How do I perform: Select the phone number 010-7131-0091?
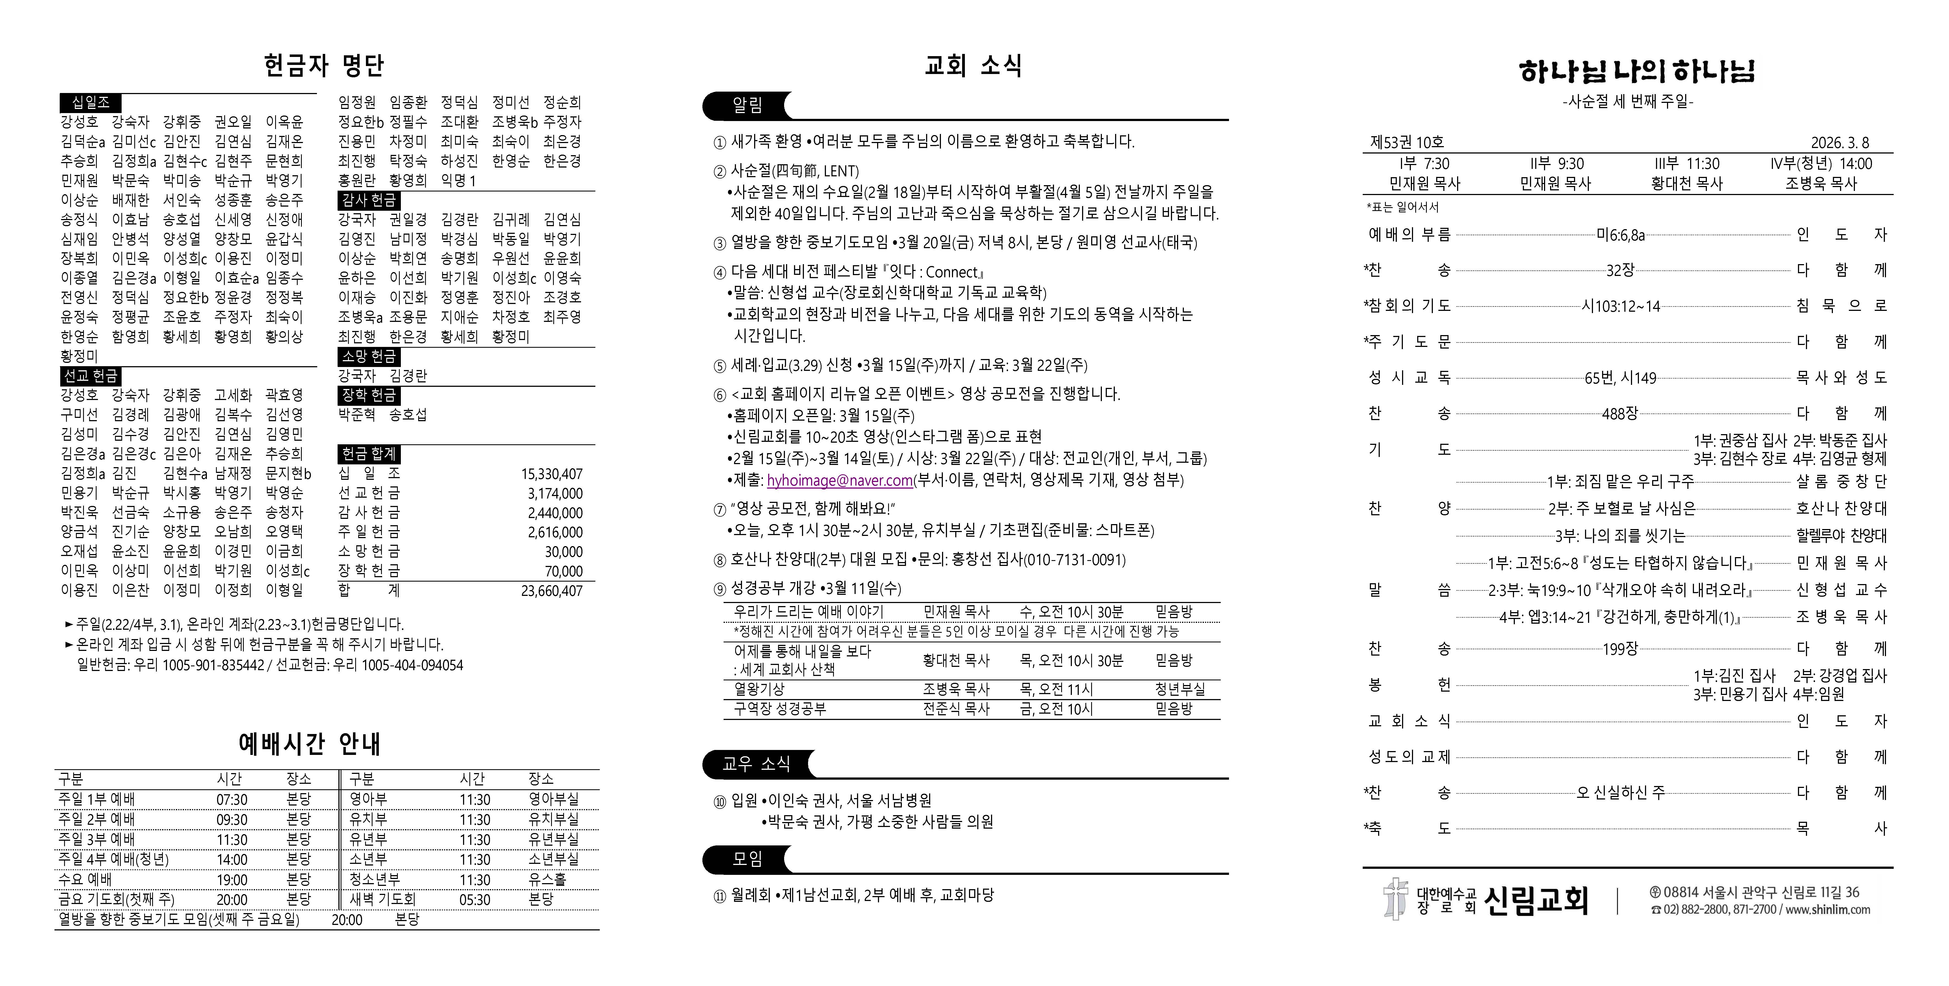tap(1074, 560)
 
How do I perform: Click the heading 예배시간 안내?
tap(310, 744)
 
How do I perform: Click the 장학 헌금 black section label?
tap(368, 395)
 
